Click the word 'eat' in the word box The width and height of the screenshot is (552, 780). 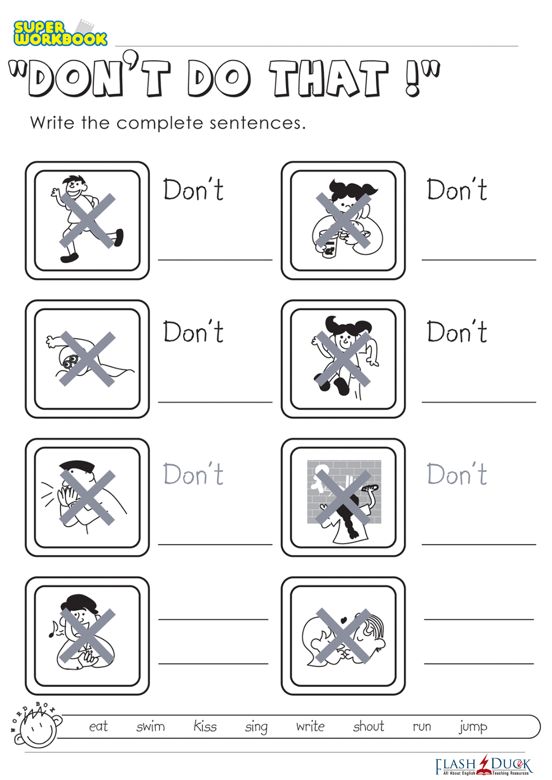[x=98, y=726]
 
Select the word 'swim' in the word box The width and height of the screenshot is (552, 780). [x=150, y=726]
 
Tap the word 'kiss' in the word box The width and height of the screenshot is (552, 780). [x=205, y=726]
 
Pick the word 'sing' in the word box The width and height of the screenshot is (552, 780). [x=256, y=727]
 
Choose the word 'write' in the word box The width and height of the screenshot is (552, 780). [x=310, y=726]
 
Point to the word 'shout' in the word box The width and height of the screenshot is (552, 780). [x=368, y=726]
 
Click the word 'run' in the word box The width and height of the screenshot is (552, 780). [x=422, y=727]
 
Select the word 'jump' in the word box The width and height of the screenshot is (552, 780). [x=473, y=727]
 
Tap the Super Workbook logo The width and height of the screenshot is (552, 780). [x=60, y=32]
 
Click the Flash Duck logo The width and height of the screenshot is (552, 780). [x=484, y=766]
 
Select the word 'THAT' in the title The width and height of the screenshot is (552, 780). [x=328, y=78]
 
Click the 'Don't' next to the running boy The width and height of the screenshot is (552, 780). [x=193, y=189]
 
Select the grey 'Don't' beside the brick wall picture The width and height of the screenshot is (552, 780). [x=457, y=473]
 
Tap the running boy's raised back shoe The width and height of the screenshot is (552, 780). [x=119, y=238]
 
